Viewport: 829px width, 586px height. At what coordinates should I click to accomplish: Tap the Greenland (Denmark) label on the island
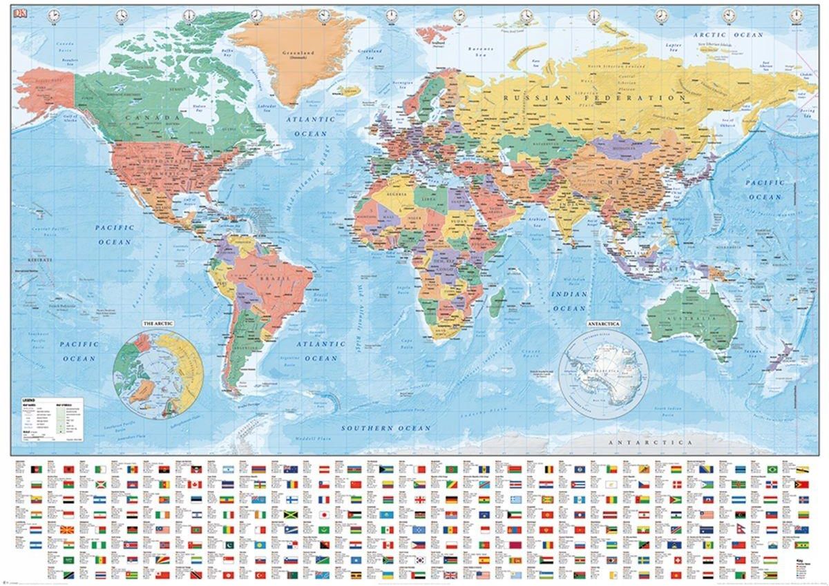[x=298, y=55]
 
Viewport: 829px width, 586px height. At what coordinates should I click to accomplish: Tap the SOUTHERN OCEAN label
[x=386, y=428]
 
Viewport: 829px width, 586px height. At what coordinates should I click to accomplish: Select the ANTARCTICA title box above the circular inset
[x=602, y=323]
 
